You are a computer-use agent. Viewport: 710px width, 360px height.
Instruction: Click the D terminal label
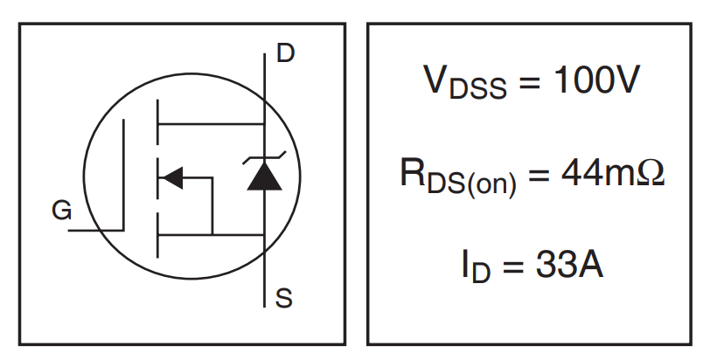tap(285, 54)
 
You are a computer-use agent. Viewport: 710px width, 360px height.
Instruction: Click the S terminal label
tap(284, 300)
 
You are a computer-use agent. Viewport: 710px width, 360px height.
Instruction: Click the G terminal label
tap(61, 211)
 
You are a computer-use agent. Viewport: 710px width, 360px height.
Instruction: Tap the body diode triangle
tap(264, 177)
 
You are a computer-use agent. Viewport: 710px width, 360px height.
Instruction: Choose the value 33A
tap(568, 265)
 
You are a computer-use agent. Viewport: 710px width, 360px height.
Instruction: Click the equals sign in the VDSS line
tap(525, 82)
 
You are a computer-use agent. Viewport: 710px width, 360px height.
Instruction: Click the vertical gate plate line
tap(123, 175)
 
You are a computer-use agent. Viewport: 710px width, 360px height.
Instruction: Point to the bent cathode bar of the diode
tap(264, 158)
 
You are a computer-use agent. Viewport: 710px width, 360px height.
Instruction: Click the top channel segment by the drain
tap(157, 123)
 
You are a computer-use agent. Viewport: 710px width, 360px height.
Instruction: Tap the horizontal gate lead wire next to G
tap(94, 231)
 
